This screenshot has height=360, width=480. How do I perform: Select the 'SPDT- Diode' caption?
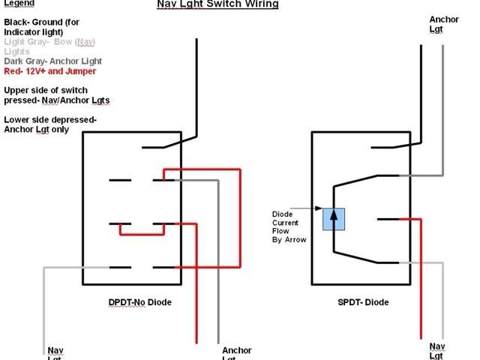[364, 302]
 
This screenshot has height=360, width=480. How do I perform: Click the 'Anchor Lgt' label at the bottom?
[236, 352]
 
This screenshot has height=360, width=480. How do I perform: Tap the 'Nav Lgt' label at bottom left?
[56, 352]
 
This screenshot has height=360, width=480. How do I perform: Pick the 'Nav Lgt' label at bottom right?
[437, 349]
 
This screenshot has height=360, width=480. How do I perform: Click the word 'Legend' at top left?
[19, 4]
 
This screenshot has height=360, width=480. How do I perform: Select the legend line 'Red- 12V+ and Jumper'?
[50, 71]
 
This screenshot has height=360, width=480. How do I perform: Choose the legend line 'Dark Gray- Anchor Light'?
[52, 61]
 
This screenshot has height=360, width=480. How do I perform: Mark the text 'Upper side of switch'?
[51, 89]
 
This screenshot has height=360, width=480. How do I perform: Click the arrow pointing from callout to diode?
[309, 209]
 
